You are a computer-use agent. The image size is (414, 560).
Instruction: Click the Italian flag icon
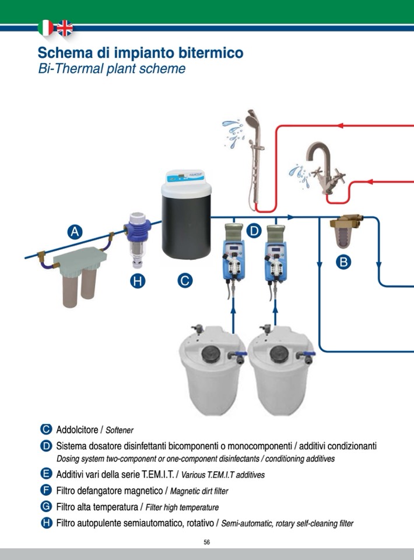tap(45, 27)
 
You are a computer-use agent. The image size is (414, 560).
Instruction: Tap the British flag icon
tap(64, 27)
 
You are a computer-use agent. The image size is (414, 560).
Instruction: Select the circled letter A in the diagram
tap(75, 232)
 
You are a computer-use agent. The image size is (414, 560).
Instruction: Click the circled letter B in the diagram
tap(344, 262)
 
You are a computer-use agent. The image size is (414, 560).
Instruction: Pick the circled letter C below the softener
tap(184, 281)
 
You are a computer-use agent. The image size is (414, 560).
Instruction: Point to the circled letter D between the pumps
tap(254, 231)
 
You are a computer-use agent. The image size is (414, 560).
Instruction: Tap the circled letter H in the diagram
tap(138, 281)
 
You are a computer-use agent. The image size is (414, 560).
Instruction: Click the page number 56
tap(207, 542)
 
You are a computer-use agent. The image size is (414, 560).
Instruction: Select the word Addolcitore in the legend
tap(78, 430)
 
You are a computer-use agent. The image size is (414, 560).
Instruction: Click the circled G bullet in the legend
tap(47, 507)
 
